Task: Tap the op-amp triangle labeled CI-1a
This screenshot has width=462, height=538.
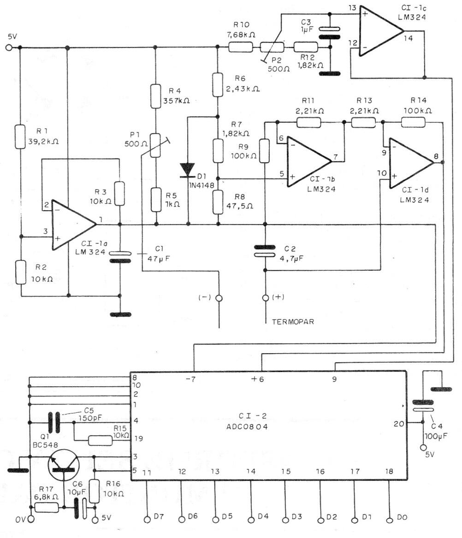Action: click(x=71, y=225)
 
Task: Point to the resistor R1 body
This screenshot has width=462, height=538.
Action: click(x=19, y=136)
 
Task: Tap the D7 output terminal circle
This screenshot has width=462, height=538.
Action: click(x=148, y=520)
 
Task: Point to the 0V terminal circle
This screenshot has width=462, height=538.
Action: click(x=31, y=520)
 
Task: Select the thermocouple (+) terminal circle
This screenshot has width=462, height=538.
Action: click(x=265, y=298)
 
